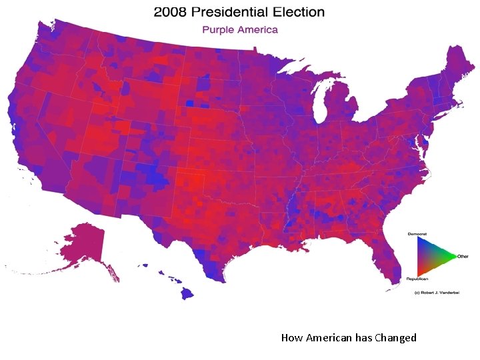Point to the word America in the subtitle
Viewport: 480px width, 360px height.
[257, 30]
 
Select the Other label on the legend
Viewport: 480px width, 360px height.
[463, 256]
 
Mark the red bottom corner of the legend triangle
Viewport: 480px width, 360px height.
[419, 273]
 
